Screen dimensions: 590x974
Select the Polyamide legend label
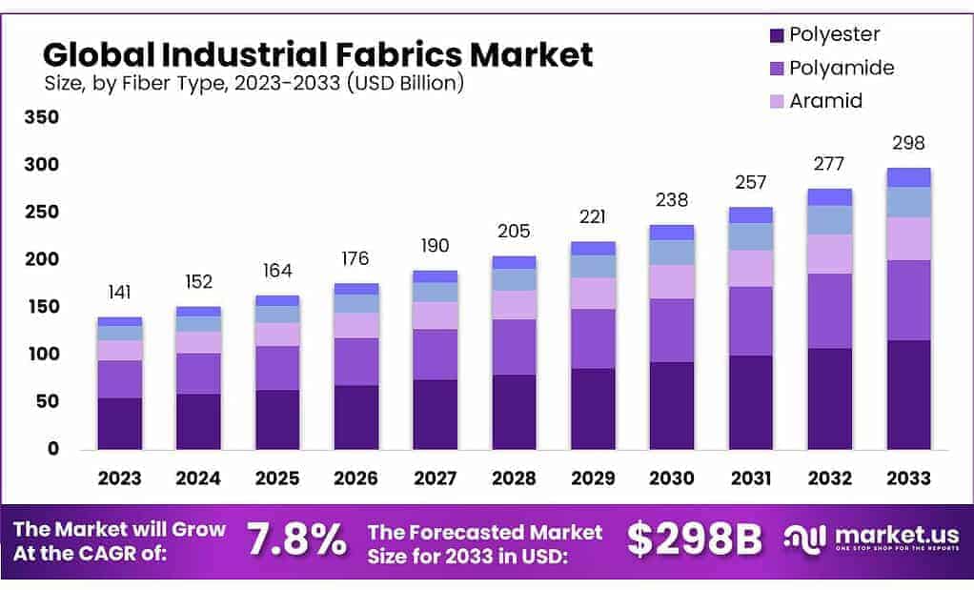click(841, 68)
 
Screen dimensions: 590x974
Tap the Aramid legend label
click(825, 100)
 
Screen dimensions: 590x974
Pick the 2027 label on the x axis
click(435, 477)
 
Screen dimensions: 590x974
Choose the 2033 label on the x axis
click(908, 477)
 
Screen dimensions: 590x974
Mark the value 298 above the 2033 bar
click(908, 144)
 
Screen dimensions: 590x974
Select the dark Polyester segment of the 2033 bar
click(908, 394)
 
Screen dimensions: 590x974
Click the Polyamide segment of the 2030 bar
click(672, 330)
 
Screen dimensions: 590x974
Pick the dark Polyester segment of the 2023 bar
click(119, 423)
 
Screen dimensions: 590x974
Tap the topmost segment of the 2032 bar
click(829, 197)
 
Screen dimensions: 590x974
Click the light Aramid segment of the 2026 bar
click(355, 325)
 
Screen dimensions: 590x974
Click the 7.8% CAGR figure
click(296, 540)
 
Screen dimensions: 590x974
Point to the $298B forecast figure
click(695, 540)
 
